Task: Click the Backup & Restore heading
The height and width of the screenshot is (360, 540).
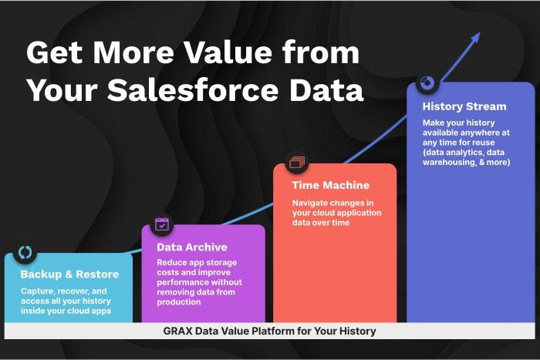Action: (69, 274)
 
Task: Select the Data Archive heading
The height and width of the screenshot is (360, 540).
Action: (191, 247)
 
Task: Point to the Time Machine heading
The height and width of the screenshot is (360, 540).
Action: (330, 185)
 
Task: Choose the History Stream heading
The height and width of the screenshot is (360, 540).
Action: (464, 106)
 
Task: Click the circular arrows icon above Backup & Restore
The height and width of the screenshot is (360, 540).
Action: (25, 252)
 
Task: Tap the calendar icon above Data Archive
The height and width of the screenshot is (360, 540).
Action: (162, 224)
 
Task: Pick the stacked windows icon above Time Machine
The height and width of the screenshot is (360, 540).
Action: (297, 163)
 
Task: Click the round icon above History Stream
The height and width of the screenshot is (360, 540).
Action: (428, 82)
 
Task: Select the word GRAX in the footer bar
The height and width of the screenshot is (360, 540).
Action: (178, 331)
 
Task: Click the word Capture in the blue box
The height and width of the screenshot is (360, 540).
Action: (39, 291)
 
